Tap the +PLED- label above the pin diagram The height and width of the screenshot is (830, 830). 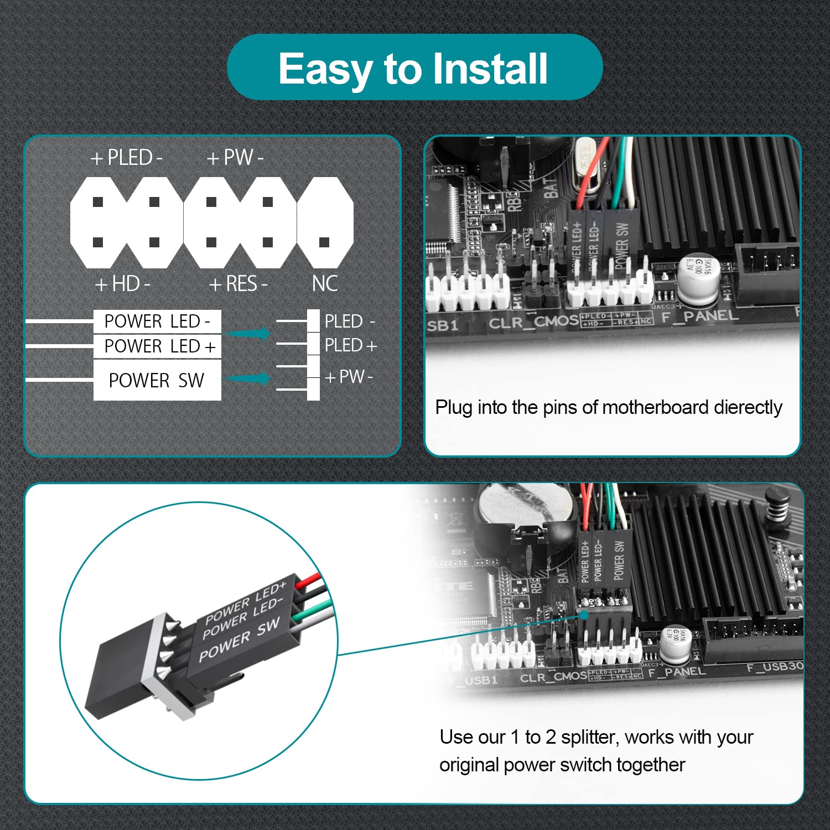pyautogui.click(x=126, y=158)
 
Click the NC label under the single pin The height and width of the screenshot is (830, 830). pyautogui.click(x=325, y=284)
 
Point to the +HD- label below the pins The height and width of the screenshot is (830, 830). pyautogui.click(x=123, y=284)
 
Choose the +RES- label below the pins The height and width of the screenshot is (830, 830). pyautogui.click(x=238, y=284)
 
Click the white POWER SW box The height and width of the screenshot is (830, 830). pyautogui.click(x=157, y=380)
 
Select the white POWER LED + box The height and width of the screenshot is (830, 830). pyautogui.click(x=157, y=346)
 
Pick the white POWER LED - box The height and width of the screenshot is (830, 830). pyautogui.click(x=157, y=321)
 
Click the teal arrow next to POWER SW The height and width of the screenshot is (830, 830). pyautogui.click(x=249, y=378)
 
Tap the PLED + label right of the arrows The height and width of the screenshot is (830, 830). pyautogui.click(x=350, y=346)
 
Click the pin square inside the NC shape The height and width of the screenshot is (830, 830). pyautogui.click(x=325, y=242)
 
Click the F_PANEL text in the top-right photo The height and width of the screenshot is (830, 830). pyautogui.click(x=700, y=317)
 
